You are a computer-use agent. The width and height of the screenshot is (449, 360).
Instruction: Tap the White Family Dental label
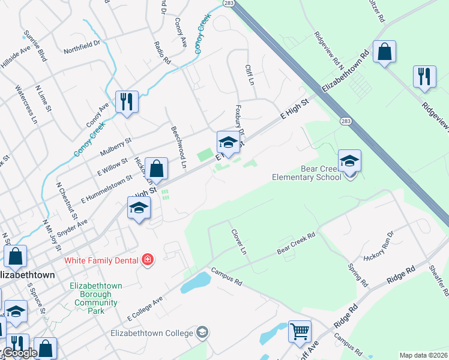101,260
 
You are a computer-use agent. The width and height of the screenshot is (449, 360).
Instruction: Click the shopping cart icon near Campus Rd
300,330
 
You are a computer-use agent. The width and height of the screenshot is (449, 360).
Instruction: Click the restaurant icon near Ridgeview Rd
424,76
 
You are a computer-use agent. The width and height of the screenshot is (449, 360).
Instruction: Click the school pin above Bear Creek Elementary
349,160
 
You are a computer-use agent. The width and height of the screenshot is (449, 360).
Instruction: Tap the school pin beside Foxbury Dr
228,142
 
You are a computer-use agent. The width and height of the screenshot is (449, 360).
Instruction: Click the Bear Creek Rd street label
296,243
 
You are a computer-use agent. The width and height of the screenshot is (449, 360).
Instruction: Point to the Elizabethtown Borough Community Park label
96,298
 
